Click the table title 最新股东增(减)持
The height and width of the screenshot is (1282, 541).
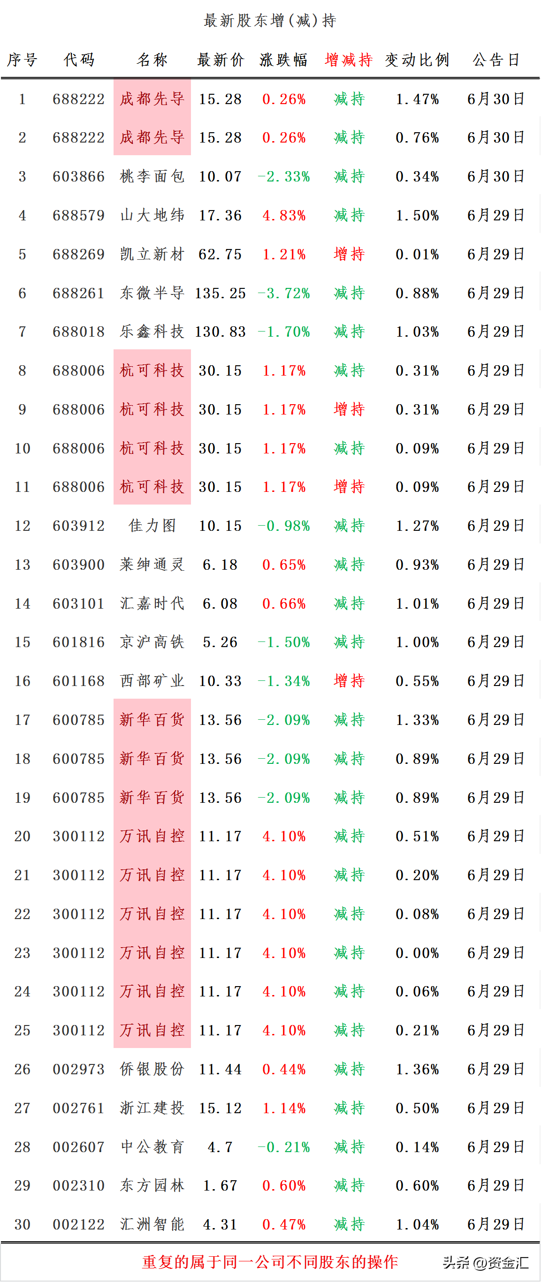pos(270,21)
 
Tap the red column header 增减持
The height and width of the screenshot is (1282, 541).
pos(349,60)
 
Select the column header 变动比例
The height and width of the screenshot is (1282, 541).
pos(417,60)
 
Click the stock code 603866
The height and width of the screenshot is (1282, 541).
pos(79,177)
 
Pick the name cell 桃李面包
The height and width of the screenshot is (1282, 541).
pos(152,176)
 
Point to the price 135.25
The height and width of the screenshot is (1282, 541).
pos(220,293)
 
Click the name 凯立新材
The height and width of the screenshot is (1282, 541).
pos(152,254)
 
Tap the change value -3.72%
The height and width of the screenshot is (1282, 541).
pos(283,293)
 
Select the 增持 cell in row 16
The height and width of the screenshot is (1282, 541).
pos(349,680)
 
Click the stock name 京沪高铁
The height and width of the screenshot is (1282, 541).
pos(152,642)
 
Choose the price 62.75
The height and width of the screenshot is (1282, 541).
pos(220,254)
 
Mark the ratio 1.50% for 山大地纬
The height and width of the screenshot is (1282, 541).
pos(418,216)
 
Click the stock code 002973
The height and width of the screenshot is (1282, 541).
pos(79,1069)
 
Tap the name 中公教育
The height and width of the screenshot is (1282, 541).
pos(152,1146)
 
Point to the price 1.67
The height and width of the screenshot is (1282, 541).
pos(220,1185)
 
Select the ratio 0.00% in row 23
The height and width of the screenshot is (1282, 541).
pos(418,953)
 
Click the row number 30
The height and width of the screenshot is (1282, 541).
pos(23,1224)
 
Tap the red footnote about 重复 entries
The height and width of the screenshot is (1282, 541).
pos(270,1262)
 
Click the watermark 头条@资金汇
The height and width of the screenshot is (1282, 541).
pos(486,1263)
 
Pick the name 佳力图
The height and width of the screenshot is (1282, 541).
pos(152,526)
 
